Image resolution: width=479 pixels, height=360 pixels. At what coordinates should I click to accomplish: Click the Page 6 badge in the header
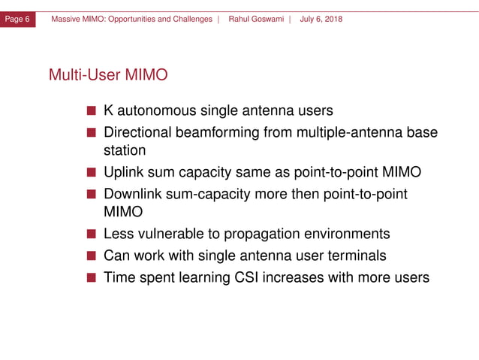click(18, 19)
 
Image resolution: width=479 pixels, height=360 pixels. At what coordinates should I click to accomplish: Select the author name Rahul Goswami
click(257, 19)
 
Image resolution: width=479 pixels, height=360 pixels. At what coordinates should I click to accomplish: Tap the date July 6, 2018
click(321, 19)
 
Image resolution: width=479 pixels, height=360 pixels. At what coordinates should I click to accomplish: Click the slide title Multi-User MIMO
click(108, 75)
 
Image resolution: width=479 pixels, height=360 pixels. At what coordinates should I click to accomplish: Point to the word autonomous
click(156, 111)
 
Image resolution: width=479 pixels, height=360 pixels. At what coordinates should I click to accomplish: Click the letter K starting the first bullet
click(109, 111)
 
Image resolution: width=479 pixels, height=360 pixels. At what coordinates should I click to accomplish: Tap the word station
click(125, 150)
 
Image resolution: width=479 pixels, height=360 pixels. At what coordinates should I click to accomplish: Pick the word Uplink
click(124, 173)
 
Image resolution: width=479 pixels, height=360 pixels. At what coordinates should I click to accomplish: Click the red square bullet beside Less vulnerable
click(91, 234)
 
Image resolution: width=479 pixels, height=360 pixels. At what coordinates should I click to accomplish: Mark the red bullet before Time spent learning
click(91, 278)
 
